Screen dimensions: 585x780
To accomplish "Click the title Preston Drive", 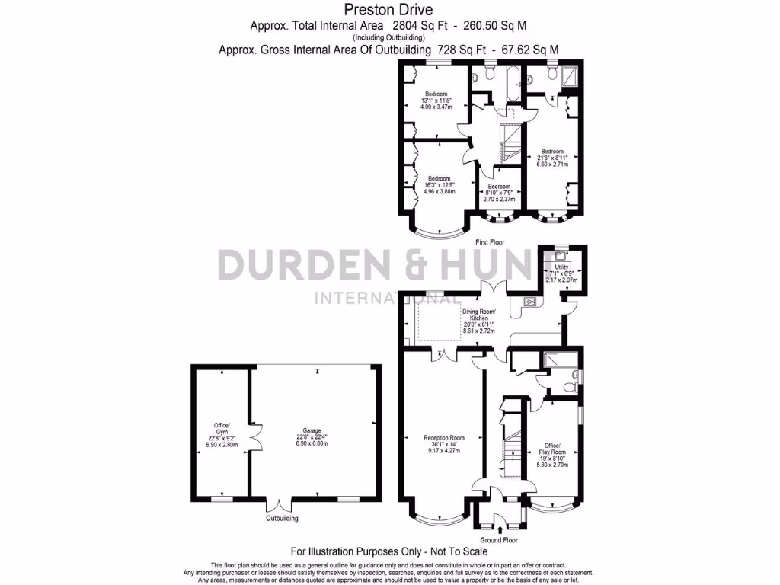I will click(x=389, y=10).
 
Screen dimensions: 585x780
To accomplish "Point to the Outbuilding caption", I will click(x=281, y=519).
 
